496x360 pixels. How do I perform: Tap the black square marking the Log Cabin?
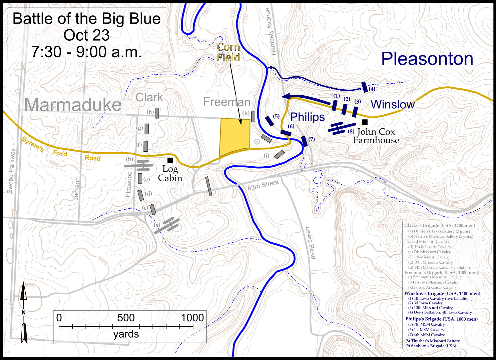pyautogui.click(x=170, y=160)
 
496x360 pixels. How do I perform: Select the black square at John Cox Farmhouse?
pyautogui.click(x=365, y=122)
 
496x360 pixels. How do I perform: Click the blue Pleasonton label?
pyautogui.click(x=427, y=59)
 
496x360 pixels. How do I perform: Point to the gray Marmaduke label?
pyautogui.click(x=73, y=105)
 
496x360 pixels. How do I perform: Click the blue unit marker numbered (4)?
pyautogui.click(x=365, y=87)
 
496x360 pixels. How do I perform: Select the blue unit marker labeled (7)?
pyautogui.click(x=304, y=141)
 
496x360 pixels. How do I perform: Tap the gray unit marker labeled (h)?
pyautogui.click(x=157, y=113)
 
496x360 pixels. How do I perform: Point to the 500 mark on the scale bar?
pyautogui.click(x=126, y=318)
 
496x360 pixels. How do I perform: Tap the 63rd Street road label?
pyautogui.click(x=263, y=185)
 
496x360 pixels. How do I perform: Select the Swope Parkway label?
pyautogui.click(x=11, y=171)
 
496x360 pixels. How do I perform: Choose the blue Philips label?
pyautogui.click(x=307, y=117)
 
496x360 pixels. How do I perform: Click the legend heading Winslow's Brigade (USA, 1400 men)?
pyautogui.click(x=442, y=293)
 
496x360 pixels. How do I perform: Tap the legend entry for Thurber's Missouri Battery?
pyautogui.click(x=433, y=341)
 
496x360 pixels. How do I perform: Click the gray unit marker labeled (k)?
pyautogui.click(x=253, y=117)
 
